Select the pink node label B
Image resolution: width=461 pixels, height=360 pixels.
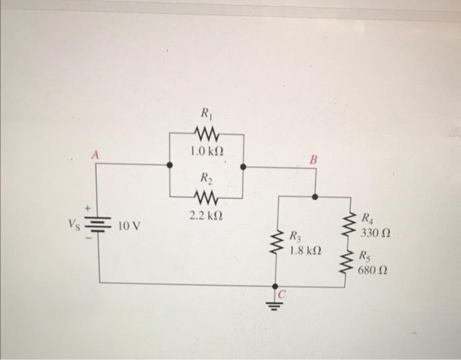coord(313,160)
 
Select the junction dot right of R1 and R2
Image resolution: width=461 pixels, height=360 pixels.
coord(244,167)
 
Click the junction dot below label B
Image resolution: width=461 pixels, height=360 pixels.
coord(315,195)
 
